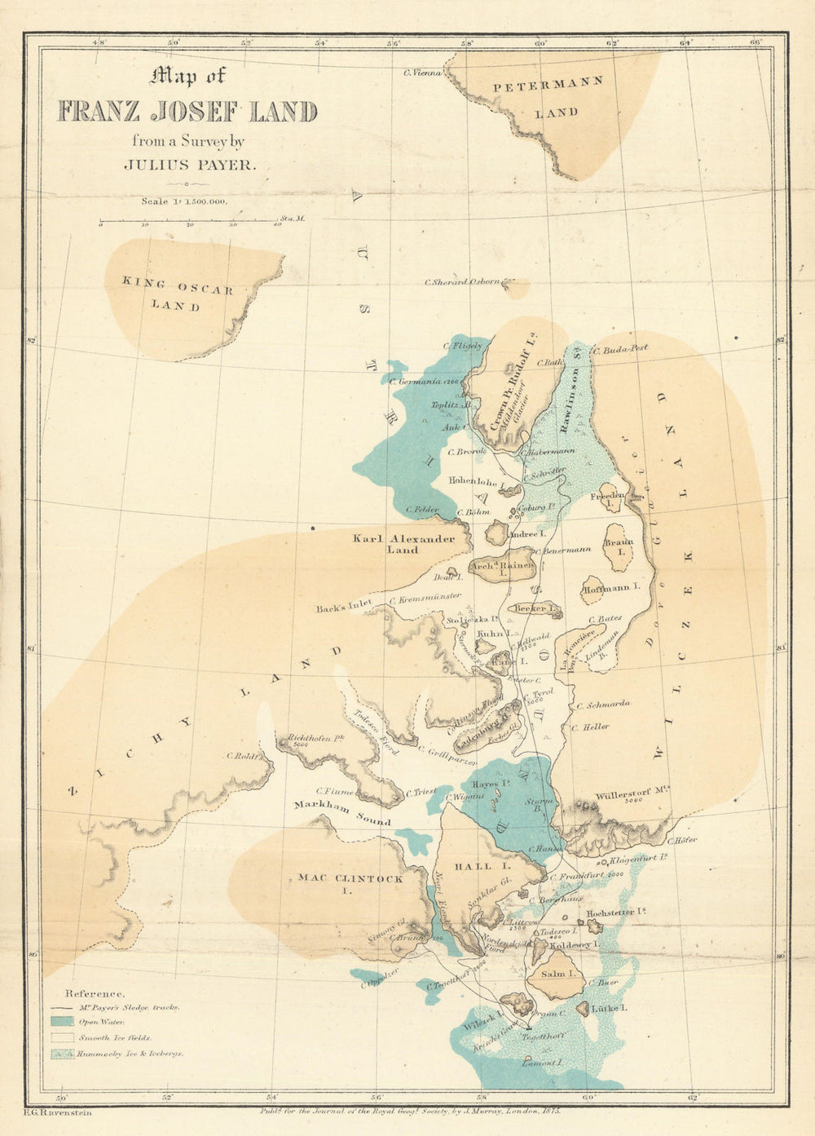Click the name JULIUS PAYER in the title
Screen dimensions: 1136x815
point(189,164)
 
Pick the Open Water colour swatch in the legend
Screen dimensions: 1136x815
point(63,1022)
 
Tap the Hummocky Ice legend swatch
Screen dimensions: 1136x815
point(63,1054)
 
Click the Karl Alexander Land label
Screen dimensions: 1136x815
point(403,544)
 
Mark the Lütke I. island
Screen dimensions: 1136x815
point(583,1009)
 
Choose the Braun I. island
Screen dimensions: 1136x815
point(619,547)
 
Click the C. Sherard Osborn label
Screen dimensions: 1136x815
point(462,282)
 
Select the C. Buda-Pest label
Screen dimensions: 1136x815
point(621,348)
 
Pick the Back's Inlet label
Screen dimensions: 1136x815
point(344,606)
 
